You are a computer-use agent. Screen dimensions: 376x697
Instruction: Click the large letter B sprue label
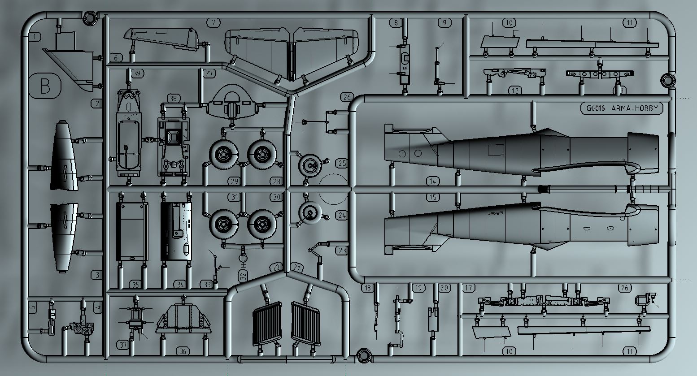point(45,86)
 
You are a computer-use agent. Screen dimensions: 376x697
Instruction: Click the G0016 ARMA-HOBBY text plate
point(621,108)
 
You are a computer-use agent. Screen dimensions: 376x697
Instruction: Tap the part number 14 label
point(432,181)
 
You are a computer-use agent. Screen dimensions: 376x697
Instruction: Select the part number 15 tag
point(432,197)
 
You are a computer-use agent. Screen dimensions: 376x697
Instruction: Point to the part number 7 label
point(214,22)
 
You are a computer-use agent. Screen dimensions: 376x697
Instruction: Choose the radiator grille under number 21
point(306,324)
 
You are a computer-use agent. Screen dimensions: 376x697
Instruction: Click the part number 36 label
point(183,351)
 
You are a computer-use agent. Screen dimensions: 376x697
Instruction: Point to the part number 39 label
point(137,73)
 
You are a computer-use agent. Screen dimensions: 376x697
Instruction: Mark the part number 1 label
point(35,37)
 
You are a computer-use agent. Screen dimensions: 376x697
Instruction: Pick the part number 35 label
point(135,285)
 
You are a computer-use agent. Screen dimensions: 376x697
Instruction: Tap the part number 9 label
point(444,22)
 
